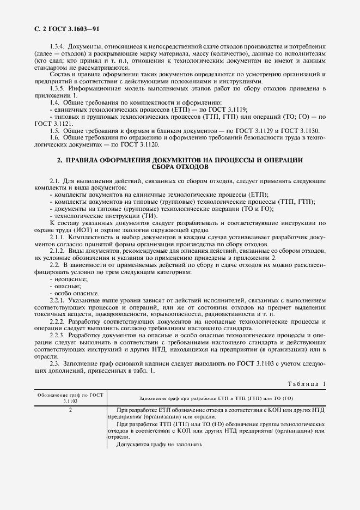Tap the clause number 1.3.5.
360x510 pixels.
pyautogui.click(x=58, y=88)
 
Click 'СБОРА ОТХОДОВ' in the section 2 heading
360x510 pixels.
pyautogui.click(x=180, y=167)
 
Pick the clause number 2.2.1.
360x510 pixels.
pyautogui.click(x=58, y=300)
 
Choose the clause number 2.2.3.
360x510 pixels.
pyautogui.click(x=58, y=336)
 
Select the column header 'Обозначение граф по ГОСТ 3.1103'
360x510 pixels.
pyautogui.click(x=71, y=397)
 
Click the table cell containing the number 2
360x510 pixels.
pyautogui.click(x=71, y=410)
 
